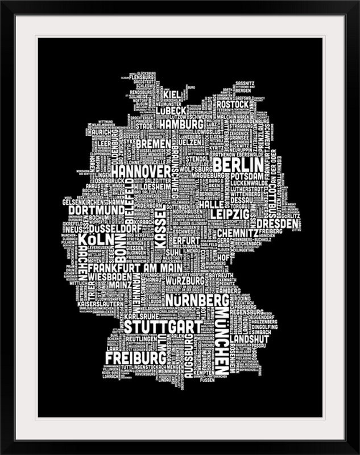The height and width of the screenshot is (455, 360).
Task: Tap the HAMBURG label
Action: point(181,124)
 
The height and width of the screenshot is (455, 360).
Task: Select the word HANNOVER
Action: point(140,171)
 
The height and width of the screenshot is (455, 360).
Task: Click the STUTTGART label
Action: point(163,328)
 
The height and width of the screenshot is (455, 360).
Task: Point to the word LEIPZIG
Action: point(230,214)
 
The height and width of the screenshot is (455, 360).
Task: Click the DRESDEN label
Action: point(278,225)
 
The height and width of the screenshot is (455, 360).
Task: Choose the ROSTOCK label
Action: point(233,105)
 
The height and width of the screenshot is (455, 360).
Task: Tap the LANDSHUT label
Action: point(247,336)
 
